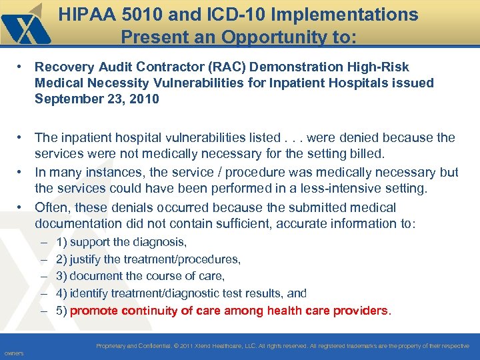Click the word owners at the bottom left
[13, 353]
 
